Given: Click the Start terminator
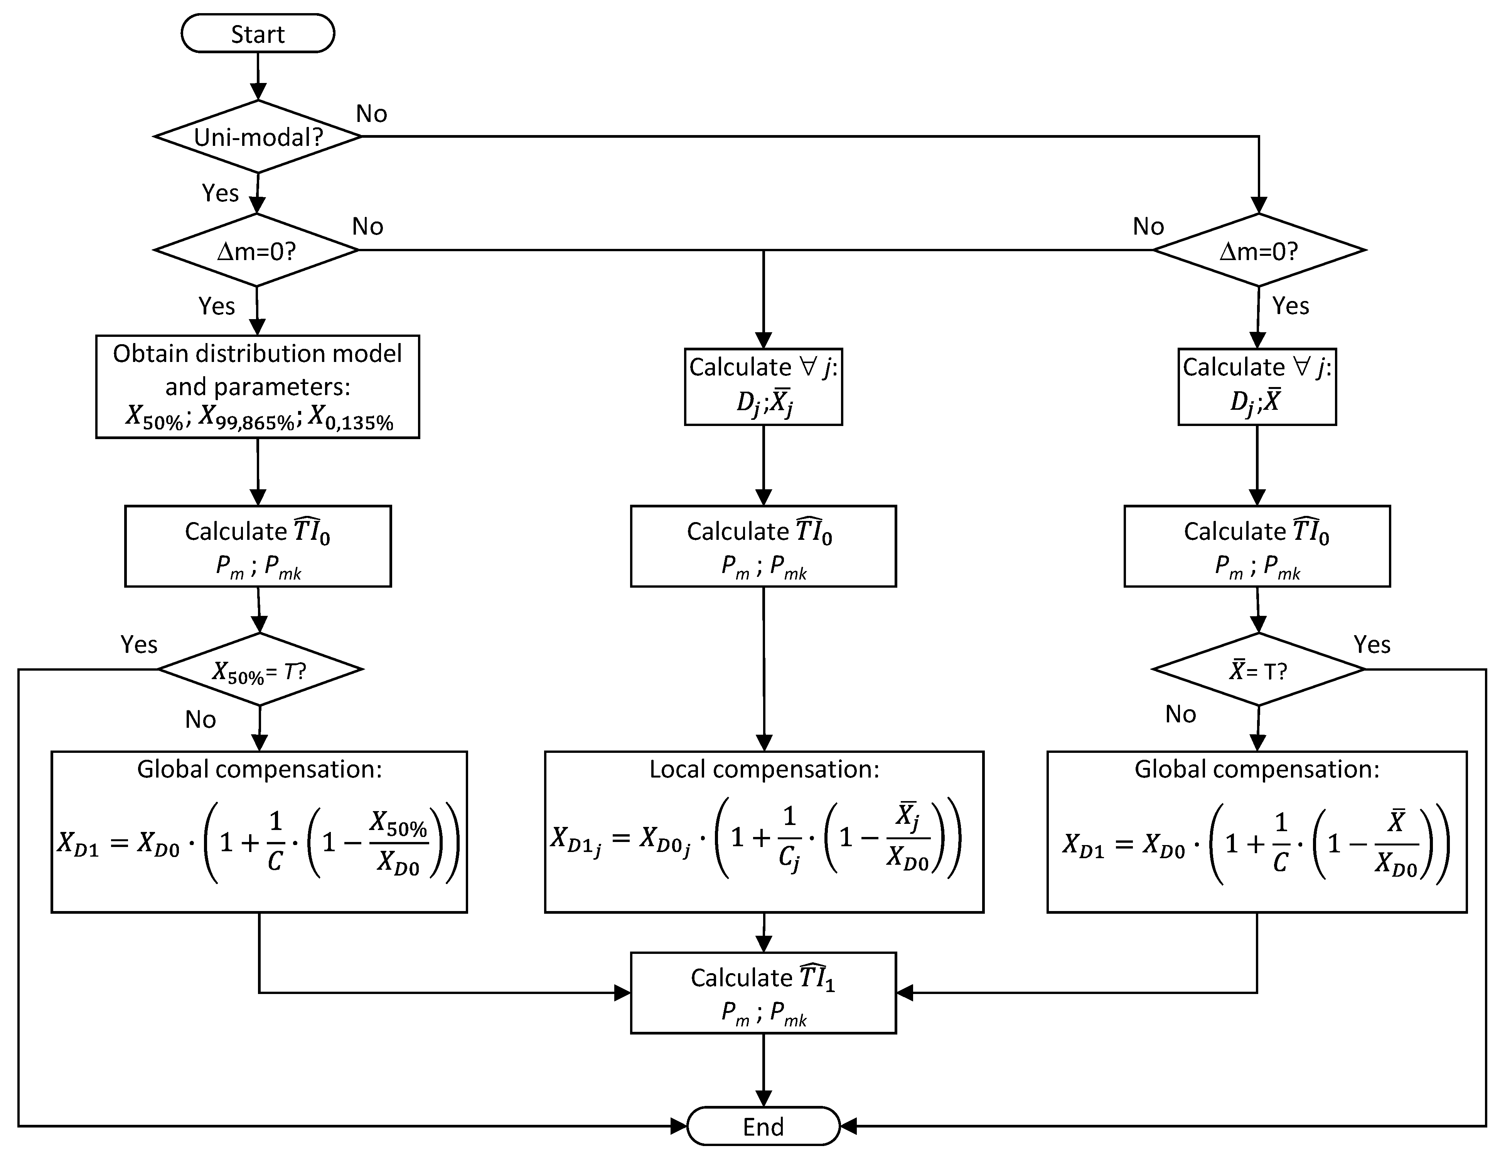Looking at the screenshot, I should click(258, 34).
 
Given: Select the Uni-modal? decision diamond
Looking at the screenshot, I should click(258, 137).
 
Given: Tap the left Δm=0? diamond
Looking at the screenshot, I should click(256, 251).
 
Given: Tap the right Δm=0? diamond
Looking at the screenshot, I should click(1258, 251).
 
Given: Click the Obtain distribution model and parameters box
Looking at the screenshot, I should click(258, 386).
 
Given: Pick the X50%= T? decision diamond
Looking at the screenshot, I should click(260, 669).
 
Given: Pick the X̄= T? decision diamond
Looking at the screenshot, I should click(1258, 669).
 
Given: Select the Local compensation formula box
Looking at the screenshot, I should click(764, 832).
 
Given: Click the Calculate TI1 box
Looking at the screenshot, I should click(763, 992).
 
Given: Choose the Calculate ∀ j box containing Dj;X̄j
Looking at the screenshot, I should click(763, 386).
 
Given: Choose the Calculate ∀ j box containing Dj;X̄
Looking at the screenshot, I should click(1257, 386).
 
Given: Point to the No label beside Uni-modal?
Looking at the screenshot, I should click(372, 113).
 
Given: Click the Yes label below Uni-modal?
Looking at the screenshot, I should click(221, 193).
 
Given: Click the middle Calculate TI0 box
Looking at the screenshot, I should click(763, 546).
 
